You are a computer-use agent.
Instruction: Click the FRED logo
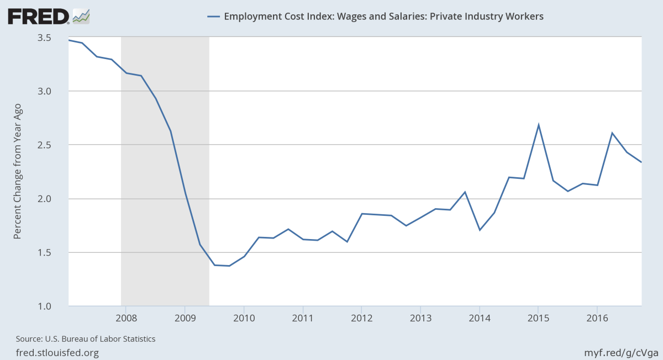click(38, 16)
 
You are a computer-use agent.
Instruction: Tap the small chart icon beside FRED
click(81, 16)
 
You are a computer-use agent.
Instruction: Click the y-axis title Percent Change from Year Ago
click(17, 172)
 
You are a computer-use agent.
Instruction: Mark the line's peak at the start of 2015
click(538, 124)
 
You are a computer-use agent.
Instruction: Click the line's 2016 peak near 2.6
click(612, 133)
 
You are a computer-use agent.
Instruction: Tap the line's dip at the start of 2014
click(480, 230)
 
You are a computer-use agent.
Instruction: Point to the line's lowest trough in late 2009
click(229, 266)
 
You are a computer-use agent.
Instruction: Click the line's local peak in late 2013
click(465, 192)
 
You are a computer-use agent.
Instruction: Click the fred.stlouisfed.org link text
click(54, 352)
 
